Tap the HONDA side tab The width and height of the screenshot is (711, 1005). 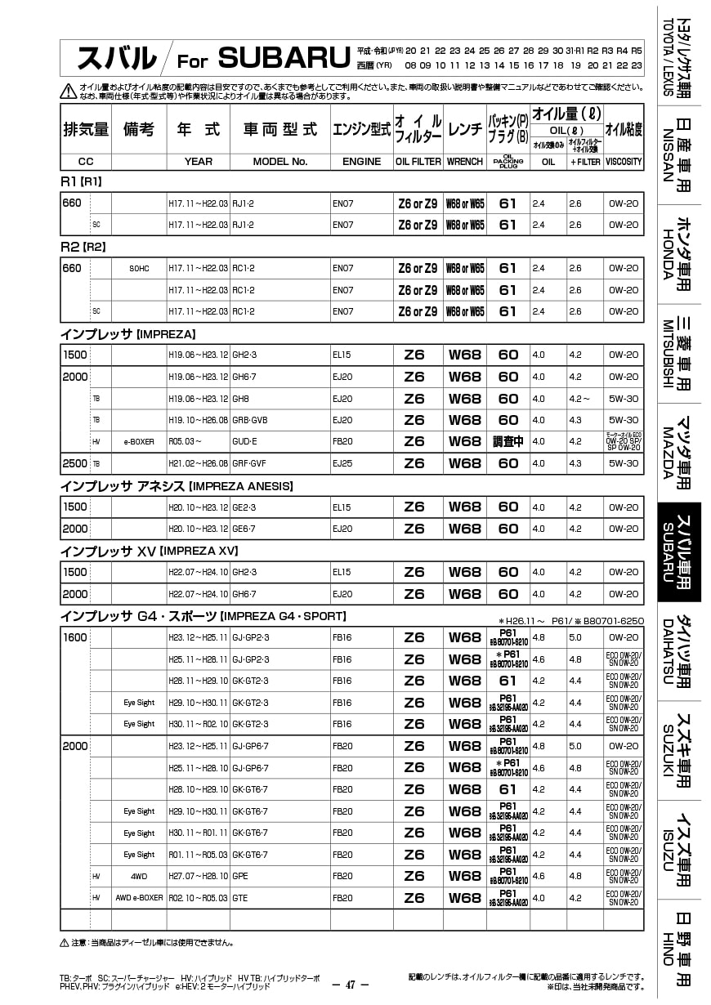coord(679,253)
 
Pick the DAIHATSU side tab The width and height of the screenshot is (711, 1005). coord(679,651)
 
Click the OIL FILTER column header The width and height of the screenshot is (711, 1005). coord(418,162)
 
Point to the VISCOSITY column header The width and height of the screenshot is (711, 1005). coord(624,162)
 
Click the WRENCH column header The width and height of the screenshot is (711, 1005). coord(465,162)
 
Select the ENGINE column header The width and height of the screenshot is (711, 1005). coord(361,162)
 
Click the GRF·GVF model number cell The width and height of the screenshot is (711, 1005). coord(249,463)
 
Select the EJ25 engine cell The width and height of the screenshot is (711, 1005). coord(342,463)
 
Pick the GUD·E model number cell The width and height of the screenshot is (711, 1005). coord(245,441)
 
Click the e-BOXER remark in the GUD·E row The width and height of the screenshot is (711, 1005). coord(139,441)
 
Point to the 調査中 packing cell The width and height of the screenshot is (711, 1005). coord(508,441)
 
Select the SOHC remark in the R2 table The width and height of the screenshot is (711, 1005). coord(139,268)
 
